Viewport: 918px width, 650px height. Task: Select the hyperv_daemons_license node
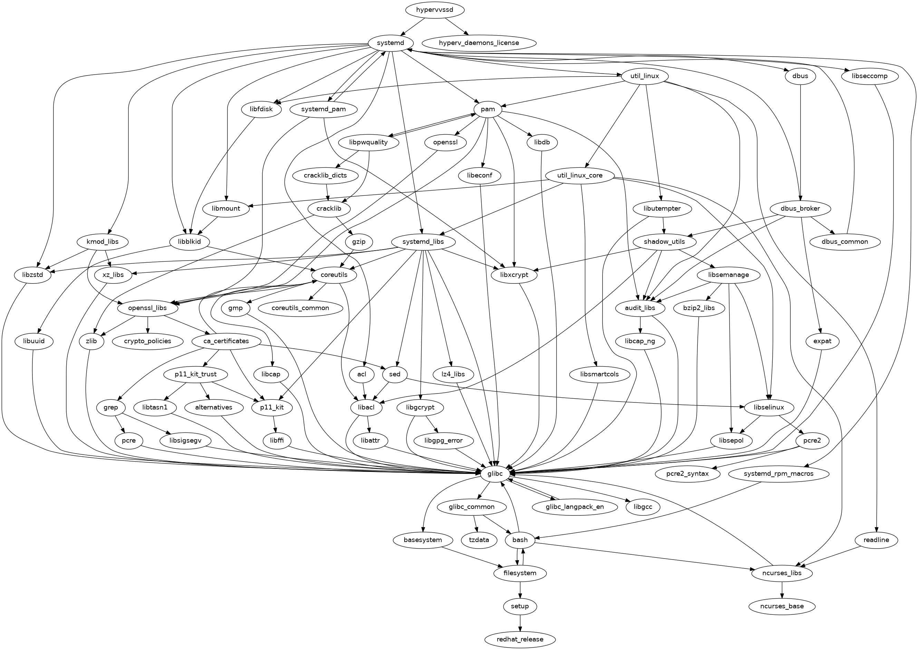[x=479, y=43]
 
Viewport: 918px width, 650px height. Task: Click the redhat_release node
[x=520, y=639]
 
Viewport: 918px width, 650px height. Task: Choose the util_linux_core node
[x=580, y=175]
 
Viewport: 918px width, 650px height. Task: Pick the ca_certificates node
[x=226, y=341]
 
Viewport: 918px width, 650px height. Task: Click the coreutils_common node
[x=300, y=308]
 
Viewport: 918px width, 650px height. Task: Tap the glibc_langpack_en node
[x=574, y=507]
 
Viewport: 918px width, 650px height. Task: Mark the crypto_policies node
[x=148, y=341]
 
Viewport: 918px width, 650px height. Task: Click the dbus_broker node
[x=800, y=208]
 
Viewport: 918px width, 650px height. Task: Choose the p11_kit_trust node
[x=196, y=374]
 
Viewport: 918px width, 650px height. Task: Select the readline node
[x=876, y=540]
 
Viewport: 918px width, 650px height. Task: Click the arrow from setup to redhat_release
[x=520, y=623]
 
